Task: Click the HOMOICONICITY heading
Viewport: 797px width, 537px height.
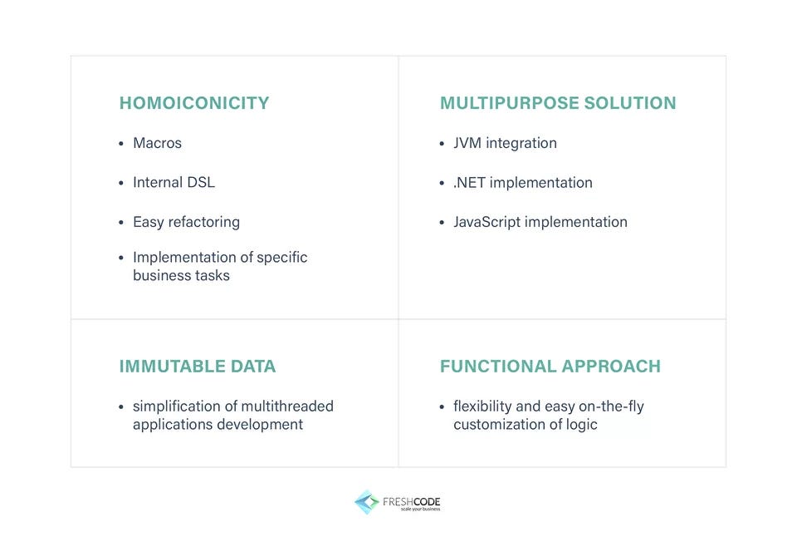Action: (x=194, y=103)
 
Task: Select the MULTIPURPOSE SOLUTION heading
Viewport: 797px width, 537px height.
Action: (x=558, y=103)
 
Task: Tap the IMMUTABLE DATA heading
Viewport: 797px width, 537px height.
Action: (x=198, y=367)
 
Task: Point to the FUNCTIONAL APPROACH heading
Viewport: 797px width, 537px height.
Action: (x=550, y=367)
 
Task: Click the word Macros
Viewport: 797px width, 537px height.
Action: (x=157, y=143)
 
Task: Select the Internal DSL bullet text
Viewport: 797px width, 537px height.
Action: (x=174, y=182)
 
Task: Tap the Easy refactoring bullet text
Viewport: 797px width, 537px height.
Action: (x=186, y=222)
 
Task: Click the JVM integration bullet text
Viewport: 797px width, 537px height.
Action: (x=505, y=143)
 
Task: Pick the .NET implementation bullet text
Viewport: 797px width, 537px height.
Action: (x=523, y=182)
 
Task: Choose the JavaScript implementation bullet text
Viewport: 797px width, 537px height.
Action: (x=540, y=222)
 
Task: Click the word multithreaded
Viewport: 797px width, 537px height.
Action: (x=287, y=406)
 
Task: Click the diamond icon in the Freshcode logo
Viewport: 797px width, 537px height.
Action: (x=366, y=502)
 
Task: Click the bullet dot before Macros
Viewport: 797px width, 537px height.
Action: (x=121, y=144)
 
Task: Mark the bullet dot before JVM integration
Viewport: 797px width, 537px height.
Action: (x=443, y=144)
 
